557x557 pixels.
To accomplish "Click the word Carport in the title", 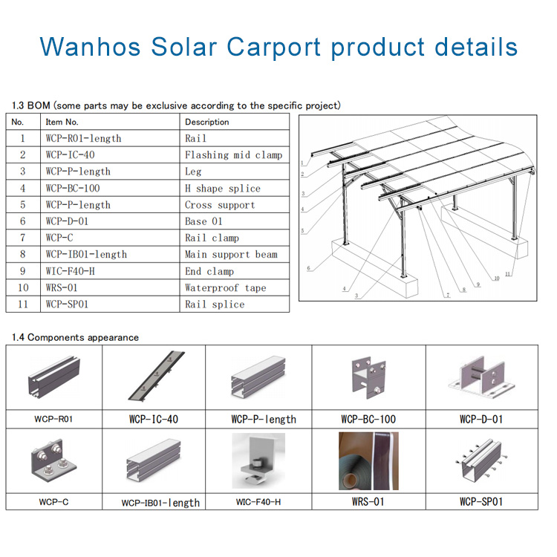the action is coord(273,48).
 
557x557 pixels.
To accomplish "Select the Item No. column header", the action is coord(62,123).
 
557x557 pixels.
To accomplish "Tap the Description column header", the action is coord(207,123).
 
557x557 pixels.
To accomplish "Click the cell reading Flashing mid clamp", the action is coord(234,155).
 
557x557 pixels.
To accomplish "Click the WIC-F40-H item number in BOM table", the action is coord(71,271).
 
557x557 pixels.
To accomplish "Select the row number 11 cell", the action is coord(23,304).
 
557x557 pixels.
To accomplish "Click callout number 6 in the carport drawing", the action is coord(308,268).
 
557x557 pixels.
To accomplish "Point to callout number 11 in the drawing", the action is coord(508,274).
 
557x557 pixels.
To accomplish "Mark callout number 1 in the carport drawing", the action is coord(302,163).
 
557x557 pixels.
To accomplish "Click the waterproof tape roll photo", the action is coord(368,460).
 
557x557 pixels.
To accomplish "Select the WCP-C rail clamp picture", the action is coord(53,460).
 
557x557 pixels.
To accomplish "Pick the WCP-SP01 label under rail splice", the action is coord(481,501).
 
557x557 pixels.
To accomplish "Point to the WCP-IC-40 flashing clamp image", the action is coord(156,377).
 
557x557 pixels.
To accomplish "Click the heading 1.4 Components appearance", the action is coord(75,337).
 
